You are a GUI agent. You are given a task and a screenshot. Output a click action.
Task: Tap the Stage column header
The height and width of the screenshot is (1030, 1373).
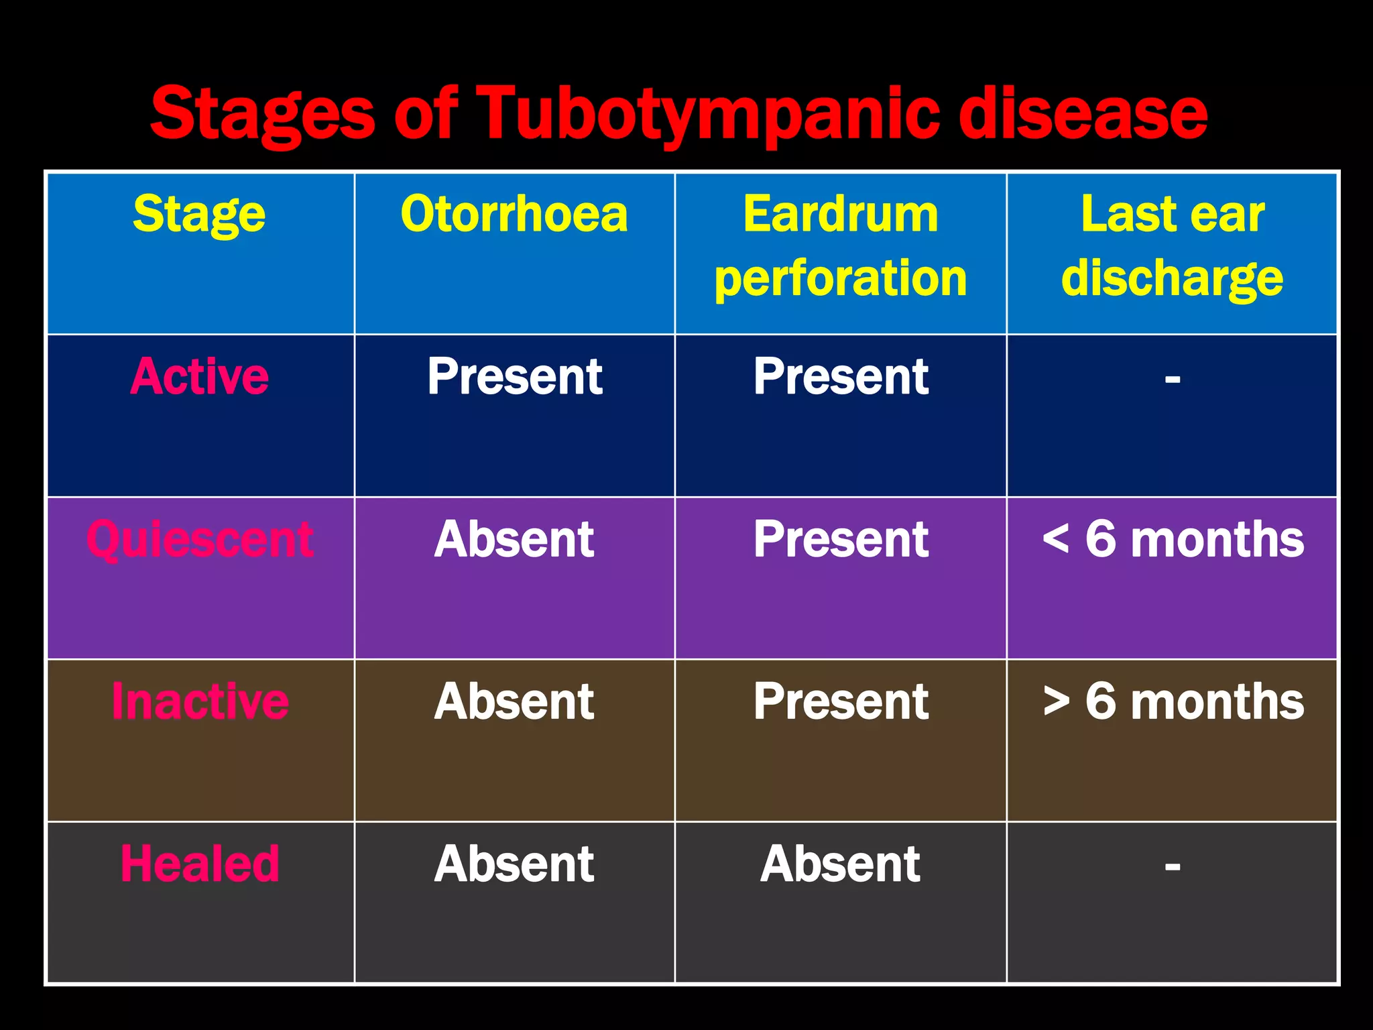tap(199, 215)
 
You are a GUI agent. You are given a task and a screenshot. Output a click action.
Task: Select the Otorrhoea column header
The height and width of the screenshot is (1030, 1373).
tap(514, 215)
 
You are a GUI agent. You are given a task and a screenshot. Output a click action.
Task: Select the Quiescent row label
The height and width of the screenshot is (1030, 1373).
tap(199, 539)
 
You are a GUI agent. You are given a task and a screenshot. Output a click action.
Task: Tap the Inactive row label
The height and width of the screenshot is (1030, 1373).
tap(199, 701)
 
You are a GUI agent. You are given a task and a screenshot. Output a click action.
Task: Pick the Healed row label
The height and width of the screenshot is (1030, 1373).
tap(199, 864)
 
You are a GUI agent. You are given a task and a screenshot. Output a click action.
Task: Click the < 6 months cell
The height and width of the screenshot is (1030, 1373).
tap(1173, 539)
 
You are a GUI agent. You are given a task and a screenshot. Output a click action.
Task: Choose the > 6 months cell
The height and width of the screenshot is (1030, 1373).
tap(1173, 701)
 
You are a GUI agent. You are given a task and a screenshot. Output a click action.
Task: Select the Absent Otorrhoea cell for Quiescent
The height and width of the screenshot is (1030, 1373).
tap(514, 539)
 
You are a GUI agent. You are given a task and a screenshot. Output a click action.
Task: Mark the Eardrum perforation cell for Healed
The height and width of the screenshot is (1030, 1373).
tap(841, 864)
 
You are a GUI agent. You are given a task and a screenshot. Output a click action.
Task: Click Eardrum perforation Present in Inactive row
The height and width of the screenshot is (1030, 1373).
tap(841, 701)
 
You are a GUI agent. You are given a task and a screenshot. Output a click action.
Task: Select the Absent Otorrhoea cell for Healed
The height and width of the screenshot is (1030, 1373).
tap(514, 864)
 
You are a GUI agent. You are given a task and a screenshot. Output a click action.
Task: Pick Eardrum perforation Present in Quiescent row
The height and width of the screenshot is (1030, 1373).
tap(841, 539)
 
